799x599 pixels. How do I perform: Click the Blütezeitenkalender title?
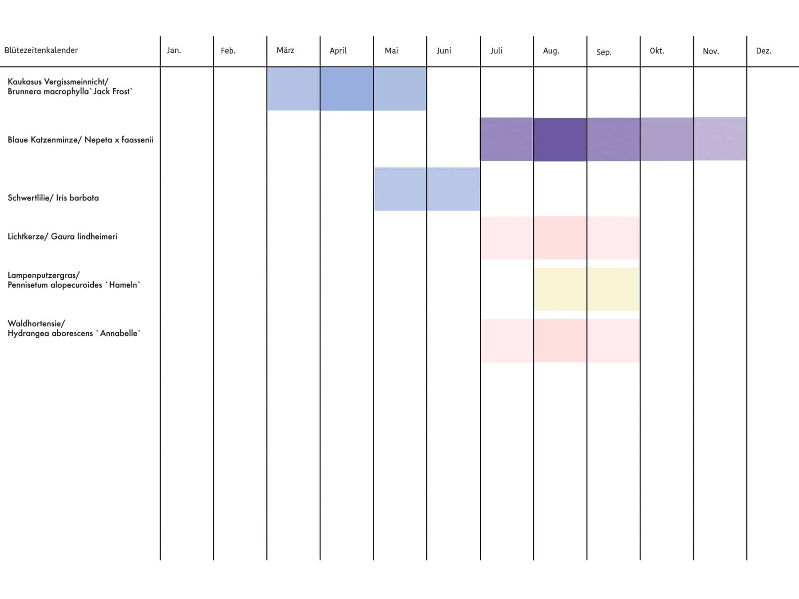tap(41, 50)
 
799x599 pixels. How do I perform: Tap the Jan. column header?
tap(174, 51)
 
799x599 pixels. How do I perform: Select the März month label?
tap(285, 51)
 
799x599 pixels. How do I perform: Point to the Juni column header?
tap(444, 51)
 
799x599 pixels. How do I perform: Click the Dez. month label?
tap(764, 51)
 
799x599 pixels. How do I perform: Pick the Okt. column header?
tap(657, 51)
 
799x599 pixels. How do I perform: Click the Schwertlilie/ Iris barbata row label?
tap(53, 198)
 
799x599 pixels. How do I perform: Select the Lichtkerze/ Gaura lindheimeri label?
tap(62, 236)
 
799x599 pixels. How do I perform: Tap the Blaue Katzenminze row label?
tap(80, 140)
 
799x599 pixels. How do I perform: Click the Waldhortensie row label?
tap(74, 328)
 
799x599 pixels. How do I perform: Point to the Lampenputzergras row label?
tap(74, 280)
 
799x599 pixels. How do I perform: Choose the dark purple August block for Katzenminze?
tap(560, 139)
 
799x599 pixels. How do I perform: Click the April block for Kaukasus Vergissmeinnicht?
tap(346, 89)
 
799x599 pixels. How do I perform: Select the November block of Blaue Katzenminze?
tap(720, 139)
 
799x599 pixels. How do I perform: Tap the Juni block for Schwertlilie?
tap(453, 189)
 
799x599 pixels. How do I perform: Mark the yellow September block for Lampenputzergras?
tap(613, 289)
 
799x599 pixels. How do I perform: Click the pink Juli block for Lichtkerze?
tap(507, 238)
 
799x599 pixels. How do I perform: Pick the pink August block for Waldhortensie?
tap(560, 341)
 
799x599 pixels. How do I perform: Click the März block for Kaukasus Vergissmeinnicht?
tap(293, 89)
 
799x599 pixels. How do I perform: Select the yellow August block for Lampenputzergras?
tap(560, 289)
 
